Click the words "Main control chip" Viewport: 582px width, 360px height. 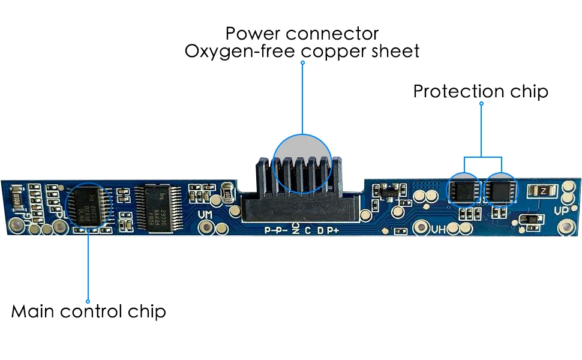(88, 312)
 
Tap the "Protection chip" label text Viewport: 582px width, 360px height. (481, 92)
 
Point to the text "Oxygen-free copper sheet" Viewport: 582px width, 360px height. (302, 51)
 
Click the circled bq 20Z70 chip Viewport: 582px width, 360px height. (88, 204)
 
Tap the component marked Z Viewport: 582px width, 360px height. (542, 191)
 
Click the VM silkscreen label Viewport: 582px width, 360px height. (205, 214)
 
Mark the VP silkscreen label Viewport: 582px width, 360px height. (562, 211)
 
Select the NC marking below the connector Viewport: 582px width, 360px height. (295, 229)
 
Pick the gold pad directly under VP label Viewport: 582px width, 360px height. (565, 228)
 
